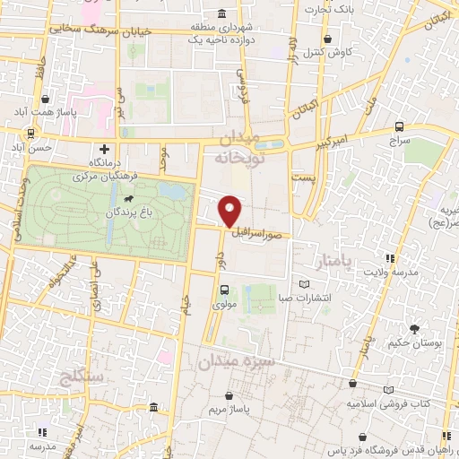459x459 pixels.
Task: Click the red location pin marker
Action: (230, 211)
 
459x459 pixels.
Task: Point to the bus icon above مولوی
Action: (224, 289)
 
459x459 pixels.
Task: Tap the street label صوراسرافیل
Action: (261, 230)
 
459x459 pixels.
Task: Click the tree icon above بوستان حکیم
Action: (413, 329)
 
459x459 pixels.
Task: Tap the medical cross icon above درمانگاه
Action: (106, 149)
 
